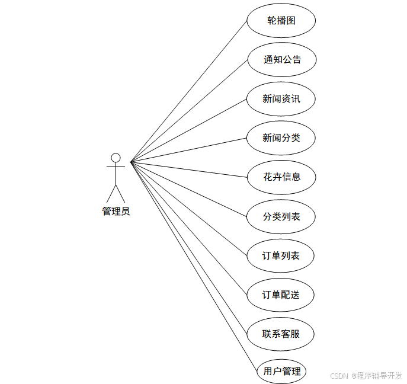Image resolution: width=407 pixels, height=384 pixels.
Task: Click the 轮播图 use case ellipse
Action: point(281,21)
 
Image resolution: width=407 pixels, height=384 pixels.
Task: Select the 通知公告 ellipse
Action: point(282,60)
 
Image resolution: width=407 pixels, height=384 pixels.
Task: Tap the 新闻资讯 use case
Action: point(281,99)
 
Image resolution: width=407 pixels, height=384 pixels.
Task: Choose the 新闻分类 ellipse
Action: point(281,138)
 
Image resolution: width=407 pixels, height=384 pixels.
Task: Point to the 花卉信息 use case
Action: point(281,177)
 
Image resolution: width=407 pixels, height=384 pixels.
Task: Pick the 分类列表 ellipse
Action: point(281,216)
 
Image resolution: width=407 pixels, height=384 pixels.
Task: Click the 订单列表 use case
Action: point(281,256)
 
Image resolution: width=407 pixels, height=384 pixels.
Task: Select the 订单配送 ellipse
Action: point(281,295)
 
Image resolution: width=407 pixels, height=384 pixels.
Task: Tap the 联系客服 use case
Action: point(281,334)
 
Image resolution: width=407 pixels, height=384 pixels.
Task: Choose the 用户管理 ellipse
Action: point(282,372)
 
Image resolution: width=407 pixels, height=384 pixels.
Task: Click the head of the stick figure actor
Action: point(116,158)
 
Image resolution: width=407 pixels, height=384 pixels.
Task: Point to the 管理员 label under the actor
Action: point(116,212)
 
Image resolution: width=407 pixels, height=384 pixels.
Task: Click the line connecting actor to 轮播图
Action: point(189,90)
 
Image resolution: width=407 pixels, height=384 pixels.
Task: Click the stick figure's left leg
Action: point(111,193)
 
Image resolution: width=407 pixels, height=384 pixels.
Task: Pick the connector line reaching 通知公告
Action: point(189,110)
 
